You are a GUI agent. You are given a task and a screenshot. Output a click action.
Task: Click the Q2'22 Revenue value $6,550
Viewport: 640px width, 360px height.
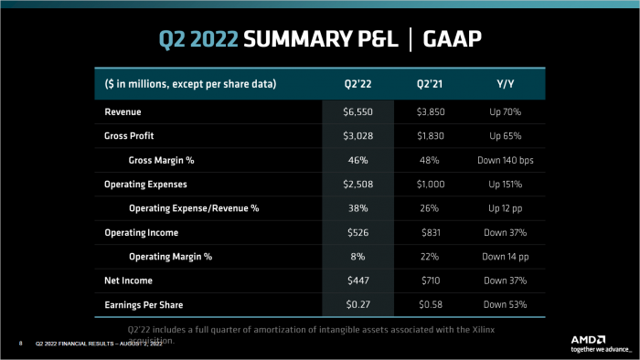pyautogui.click(x=357, y=111)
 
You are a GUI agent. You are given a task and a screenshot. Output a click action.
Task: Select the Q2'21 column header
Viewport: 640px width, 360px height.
pyautogui.click(x=430, y=84)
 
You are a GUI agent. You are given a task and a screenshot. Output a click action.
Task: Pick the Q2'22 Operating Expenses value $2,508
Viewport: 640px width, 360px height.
pyautogui.click(x=357, y=184)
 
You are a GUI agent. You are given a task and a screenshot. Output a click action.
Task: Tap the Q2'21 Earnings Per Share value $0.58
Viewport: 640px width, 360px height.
pyautogui.click(x=430, y=304)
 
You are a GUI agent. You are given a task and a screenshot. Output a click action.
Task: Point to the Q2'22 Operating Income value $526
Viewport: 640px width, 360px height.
pyautogui.click(x=357, y=232)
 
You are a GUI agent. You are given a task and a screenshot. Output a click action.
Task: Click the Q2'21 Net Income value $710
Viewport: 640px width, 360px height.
pyautogui.click(x=430, y=281)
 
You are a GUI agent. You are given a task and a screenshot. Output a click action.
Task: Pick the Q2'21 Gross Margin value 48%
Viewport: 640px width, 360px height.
pyautogui.click(x=430, y=160)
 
